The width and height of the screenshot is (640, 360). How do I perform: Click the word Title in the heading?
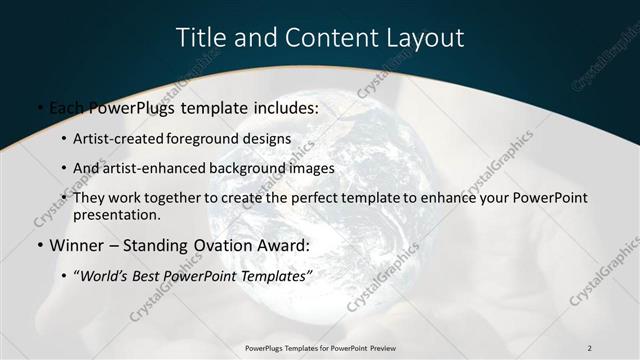tap(200, 38)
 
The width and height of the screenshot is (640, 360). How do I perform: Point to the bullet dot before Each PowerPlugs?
tap(38, 107)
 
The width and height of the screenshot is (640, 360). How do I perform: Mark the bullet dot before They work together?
tap(64, 198)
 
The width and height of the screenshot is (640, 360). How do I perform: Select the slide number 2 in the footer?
tap(590, 347)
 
